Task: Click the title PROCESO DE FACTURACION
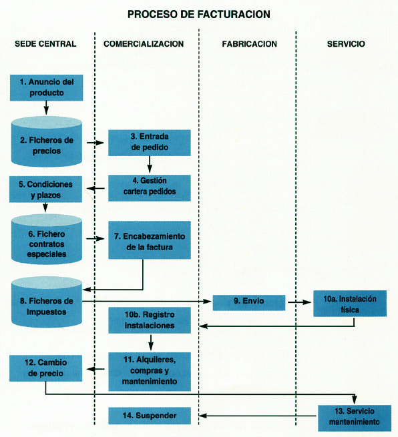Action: pyautogui.click(x=198, y=14)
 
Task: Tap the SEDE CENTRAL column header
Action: pyautogui.click(x=45, y=44)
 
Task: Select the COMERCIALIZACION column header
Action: pyautogui.click(x=144, y=44)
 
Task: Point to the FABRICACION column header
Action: pyautogui.click(x=249, y=44)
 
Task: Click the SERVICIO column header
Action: pyautogui.click(x=346, y=44)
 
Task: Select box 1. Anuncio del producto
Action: pyautogui.click(x=46, y=87)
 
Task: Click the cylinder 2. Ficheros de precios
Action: pyautogui.click(x=47, y=141)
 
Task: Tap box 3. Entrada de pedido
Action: pyautogui.click(x=150, y=143)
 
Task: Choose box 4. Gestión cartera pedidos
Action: pyautogui.click(x=150, y=188)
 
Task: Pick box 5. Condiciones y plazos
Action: pyautogui.click(x=45, y=189)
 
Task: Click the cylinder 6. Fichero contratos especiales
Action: pyautogui.click(x=47, y=239)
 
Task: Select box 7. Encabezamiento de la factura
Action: pyautogui.click(x=150, y=240)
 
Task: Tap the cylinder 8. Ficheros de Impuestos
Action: pyautogui.click(x=47, y=302)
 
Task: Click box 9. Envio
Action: pyautogui.click(x=249, y=303)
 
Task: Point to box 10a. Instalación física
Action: pyautogui.click(x=350, y=304)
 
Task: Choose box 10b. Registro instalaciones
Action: pyautogui.click(x=150, y=320)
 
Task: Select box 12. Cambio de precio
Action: pyautogui.click(x=45, y=368)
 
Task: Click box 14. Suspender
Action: pyautogui.click(x=150, y=416)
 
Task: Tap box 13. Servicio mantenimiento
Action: pyautogui.click(x=355, y=418)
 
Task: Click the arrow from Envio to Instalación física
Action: pyautogui.click(x=299, y=302)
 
